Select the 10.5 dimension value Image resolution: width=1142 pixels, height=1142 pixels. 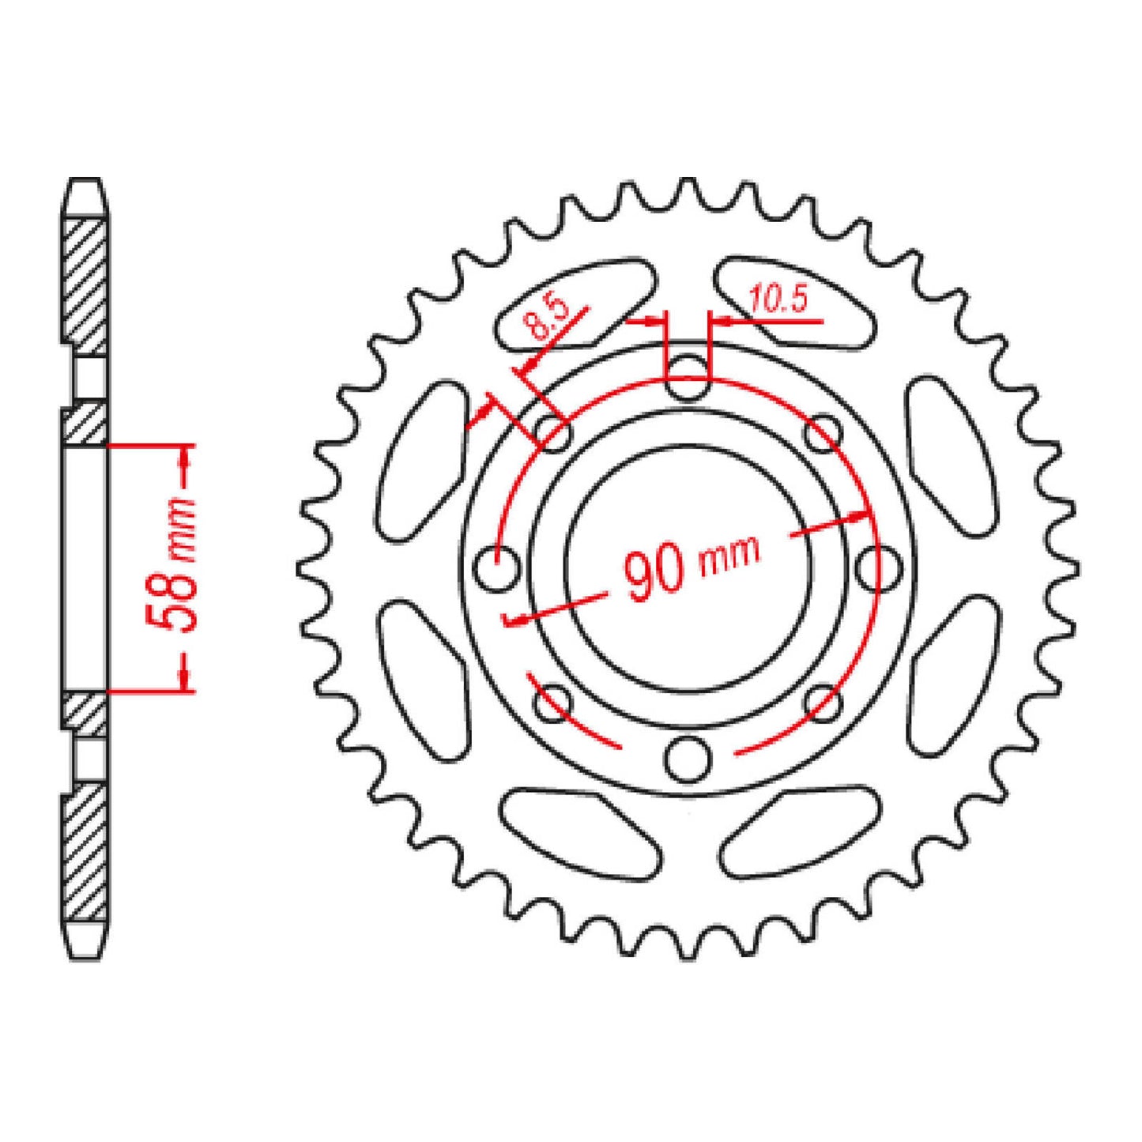778,300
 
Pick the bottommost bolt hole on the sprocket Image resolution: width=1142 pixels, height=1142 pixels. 686,759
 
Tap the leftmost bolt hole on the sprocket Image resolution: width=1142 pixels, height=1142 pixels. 498,567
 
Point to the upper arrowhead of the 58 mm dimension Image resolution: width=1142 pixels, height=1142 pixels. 186,455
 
